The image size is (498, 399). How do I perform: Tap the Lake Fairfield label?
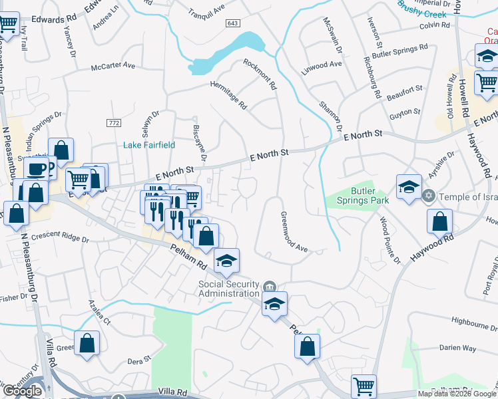point(148,144)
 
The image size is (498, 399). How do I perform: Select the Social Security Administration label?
point(228,289)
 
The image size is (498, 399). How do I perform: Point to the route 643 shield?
point(232,23)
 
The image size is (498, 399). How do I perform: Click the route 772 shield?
point(113,123)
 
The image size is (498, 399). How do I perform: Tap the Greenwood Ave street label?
point(293,232)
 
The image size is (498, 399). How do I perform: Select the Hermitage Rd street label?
point(228,95)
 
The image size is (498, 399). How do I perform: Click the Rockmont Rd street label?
point(260,74)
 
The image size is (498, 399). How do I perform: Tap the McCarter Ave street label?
point(113,66)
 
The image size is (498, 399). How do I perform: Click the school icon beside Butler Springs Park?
point(409,186)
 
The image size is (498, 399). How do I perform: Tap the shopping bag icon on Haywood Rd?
point(439,221)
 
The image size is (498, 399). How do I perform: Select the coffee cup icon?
point(37,168)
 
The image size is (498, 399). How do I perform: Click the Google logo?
point(22,391)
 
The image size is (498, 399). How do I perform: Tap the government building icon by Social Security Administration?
point(268,287)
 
